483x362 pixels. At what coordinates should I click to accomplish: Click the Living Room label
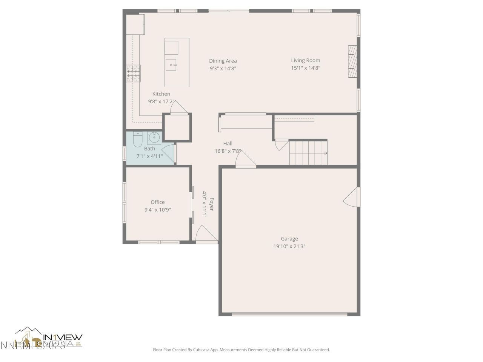[x=305, y=60]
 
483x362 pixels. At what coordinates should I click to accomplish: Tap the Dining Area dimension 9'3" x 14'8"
[x=223, y=68]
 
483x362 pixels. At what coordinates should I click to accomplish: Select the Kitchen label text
[x=161, y=94]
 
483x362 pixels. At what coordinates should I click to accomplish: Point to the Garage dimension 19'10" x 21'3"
[x=289, y=246]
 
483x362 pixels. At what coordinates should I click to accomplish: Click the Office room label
[x=157, y=202]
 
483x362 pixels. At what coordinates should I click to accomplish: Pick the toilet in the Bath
[x=137, y=139]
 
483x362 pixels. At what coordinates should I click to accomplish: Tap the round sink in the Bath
[x=154, y=138]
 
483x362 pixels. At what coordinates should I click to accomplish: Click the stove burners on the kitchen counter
[x=133, y=73]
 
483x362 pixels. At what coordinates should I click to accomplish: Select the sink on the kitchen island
[x=171, y=64]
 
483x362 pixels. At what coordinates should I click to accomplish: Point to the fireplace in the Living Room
[x=352, y=61]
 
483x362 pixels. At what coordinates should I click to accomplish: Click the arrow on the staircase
[x=325, y=153]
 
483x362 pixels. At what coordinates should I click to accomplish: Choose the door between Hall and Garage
[x=246, y=159]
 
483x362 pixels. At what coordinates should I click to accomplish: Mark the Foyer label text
[x=212, y=204]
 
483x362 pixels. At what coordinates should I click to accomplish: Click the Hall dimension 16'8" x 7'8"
[x=228, y=151]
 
